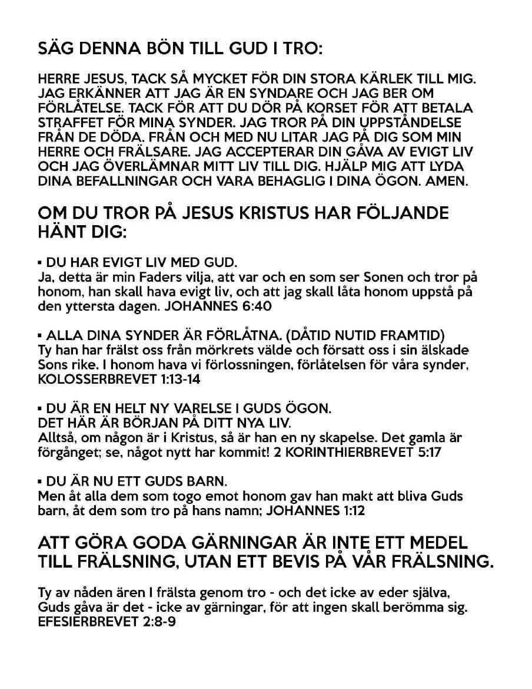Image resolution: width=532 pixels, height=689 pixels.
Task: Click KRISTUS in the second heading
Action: tap(282, 212)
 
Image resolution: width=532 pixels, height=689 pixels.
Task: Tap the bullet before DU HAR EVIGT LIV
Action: tap(39, 262)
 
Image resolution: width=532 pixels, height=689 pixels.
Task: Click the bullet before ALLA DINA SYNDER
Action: tap(39, 336)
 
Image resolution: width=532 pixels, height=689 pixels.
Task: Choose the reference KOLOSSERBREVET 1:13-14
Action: tap(119, 380)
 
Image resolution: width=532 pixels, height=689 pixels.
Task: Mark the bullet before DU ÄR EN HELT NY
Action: tap(39, 408)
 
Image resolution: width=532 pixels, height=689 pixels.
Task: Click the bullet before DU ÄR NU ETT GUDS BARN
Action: tap(39, 481)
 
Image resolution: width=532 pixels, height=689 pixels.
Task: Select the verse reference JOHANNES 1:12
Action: tap(315, 510)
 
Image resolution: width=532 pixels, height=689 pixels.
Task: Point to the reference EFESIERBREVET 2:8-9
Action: tap(107, 622)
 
